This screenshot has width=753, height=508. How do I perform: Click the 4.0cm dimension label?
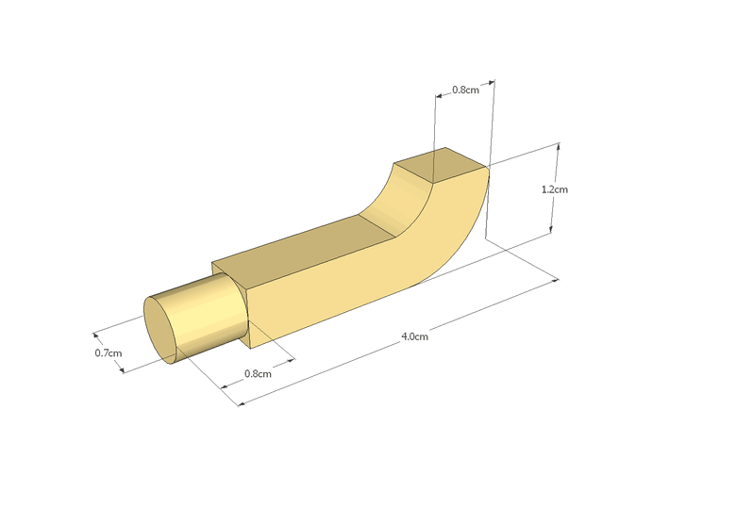click(414, 336)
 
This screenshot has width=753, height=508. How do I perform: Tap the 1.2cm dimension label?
click(555, 189)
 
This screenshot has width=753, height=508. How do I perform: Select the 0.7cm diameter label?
click(109, 353)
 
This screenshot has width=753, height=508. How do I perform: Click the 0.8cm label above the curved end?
click(465, 90)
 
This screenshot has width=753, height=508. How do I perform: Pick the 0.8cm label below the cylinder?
click(258, 373)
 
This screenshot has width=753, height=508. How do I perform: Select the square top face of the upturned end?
click(441, 166)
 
